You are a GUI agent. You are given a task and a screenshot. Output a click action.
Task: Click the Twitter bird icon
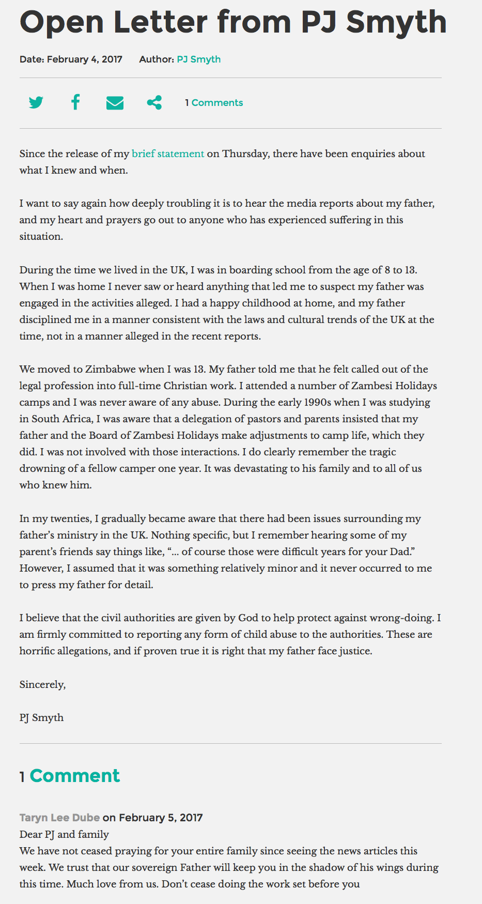point(36,102)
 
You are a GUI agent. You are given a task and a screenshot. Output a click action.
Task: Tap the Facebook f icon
point(75,102)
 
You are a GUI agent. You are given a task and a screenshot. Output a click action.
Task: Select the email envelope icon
point(115,103)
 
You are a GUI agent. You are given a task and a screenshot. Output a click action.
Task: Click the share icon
point(154,102)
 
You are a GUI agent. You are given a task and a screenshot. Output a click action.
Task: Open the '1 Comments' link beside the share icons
point(214,103)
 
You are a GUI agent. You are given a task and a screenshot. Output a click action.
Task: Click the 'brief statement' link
point(168,154)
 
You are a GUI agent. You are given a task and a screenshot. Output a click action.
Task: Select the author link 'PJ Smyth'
point(198,59)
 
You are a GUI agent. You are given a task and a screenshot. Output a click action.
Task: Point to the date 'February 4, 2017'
point(84,59)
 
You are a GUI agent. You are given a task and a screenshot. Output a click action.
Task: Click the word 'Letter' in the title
point(161,22)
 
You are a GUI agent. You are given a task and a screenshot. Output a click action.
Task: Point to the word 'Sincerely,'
point(43,684)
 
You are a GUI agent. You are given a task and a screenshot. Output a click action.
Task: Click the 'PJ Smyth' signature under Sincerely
point(42,717)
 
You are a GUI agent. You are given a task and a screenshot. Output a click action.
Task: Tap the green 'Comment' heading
point(75,776)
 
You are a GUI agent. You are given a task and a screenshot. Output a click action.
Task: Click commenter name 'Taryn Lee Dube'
point(59,818)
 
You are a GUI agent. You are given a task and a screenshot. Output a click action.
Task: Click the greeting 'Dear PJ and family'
point(64,834)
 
